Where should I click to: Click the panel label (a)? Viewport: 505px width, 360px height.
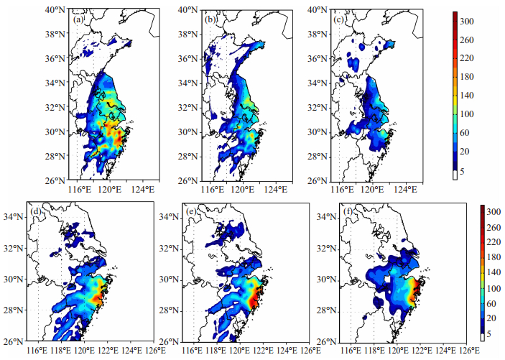point(78,20)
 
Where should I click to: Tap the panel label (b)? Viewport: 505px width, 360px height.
point(210,20)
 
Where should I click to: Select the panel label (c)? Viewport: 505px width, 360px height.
point(339,20)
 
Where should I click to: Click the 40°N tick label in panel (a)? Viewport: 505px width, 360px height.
point(55,9)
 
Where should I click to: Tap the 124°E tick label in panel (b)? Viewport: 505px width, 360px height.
point(276,189)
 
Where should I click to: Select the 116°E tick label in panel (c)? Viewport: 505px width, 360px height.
point(343,189)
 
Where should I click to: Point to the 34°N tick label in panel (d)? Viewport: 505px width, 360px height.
point(14,216)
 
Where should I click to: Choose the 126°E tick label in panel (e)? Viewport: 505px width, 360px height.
point(309,351)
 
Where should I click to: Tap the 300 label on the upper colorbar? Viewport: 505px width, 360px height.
point(467,22)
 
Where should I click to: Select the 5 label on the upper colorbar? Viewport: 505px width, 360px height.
point(462,172)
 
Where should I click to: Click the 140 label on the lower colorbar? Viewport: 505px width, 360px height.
point(494,272)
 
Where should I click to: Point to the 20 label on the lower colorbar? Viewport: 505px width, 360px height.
point(491,319)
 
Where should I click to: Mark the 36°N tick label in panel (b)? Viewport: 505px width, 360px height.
point(188,59)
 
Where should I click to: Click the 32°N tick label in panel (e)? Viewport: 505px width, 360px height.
point(170,249)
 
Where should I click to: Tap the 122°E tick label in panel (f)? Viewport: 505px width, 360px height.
point(420,351)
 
